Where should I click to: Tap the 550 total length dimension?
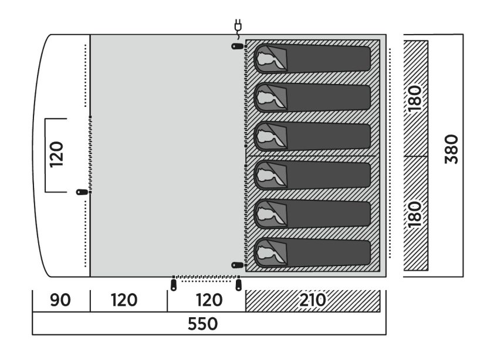202,324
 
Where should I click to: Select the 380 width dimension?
451,149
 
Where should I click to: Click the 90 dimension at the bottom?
60,300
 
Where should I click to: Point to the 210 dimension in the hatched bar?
313,300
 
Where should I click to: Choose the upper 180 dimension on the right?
415,99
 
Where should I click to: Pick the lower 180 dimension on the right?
415,214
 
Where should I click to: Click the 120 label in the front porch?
56,154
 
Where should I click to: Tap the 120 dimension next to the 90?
124,300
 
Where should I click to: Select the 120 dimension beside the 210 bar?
209,300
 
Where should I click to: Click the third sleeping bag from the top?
312,136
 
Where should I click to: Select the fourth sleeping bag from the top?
312,175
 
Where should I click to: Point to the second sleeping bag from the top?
312,97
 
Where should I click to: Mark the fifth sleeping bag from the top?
312,214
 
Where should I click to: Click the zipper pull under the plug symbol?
238,46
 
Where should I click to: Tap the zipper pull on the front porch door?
82,192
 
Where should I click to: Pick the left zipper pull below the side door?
173,285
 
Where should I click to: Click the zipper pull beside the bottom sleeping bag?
238,265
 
